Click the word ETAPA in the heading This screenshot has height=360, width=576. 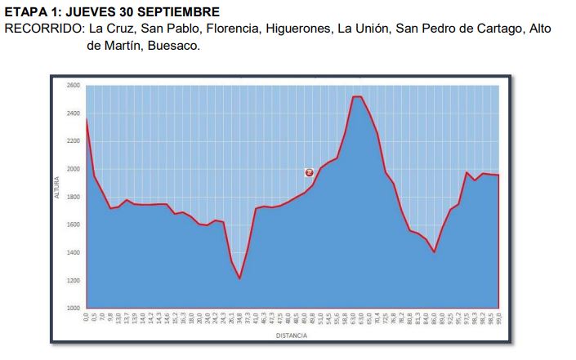coord(25,12)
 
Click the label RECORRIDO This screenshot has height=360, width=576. coord(42,29)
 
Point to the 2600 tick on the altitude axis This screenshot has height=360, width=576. coord(74,86)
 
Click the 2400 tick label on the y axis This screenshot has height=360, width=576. coord(74,113)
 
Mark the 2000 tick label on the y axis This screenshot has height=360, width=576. coord(74,169)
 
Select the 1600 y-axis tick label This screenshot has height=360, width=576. coord(74,224)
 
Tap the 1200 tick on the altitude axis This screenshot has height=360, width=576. coord(74,280)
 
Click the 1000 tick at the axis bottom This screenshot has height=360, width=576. coord(74,308)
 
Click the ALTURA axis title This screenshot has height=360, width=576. coord(57,196)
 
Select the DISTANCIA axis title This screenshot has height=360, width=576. coord(291,336)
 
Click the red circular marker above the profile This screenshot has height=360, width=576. coord(310,172)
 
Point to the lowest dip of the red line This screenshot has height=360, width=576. coord(239,278)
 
